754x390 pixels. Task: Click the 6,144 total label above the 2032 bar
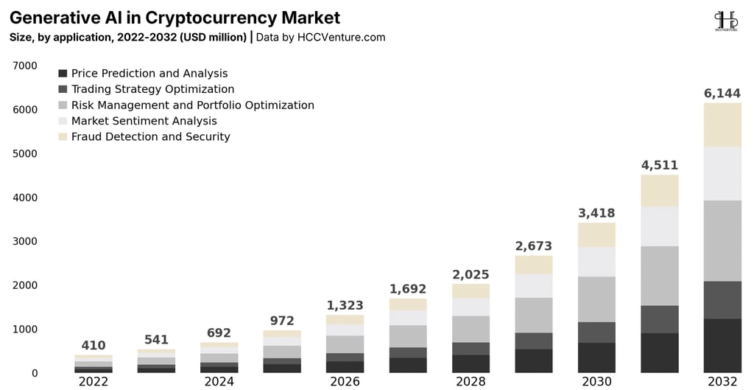722,93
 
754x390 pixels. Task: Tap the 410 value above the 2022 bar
94,345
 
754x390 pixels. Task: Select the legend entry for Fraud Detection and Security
144,136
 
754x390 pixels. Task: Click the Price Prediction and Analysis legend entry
143,73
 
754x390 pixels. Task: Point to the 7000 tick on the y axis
25,66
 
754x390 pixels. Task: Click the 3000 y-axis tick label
25,241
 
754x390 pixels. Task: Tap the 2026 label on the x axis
345,382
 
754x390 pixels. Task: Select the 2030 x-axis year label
596,382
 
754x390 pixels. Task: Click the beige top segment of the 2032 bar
722,125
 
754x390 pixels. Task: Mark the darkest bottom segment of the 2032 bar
722,346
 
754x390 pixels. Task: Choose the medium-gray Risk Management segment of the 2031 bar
660,276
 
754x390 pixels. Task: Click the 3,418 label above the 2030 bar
596,213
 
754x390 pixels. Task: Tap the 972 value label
282,321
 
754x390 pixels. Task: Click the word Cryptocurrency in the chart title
211,18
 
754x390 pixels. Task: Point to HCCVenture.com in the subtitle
342,37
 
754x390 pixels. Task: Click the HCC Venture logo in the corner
725,21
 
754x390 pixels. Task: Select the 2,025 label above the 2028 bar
471,274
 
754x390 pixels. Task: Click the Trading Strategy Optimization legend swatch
63,89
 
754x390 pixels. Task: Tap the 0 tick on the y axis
34,373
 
